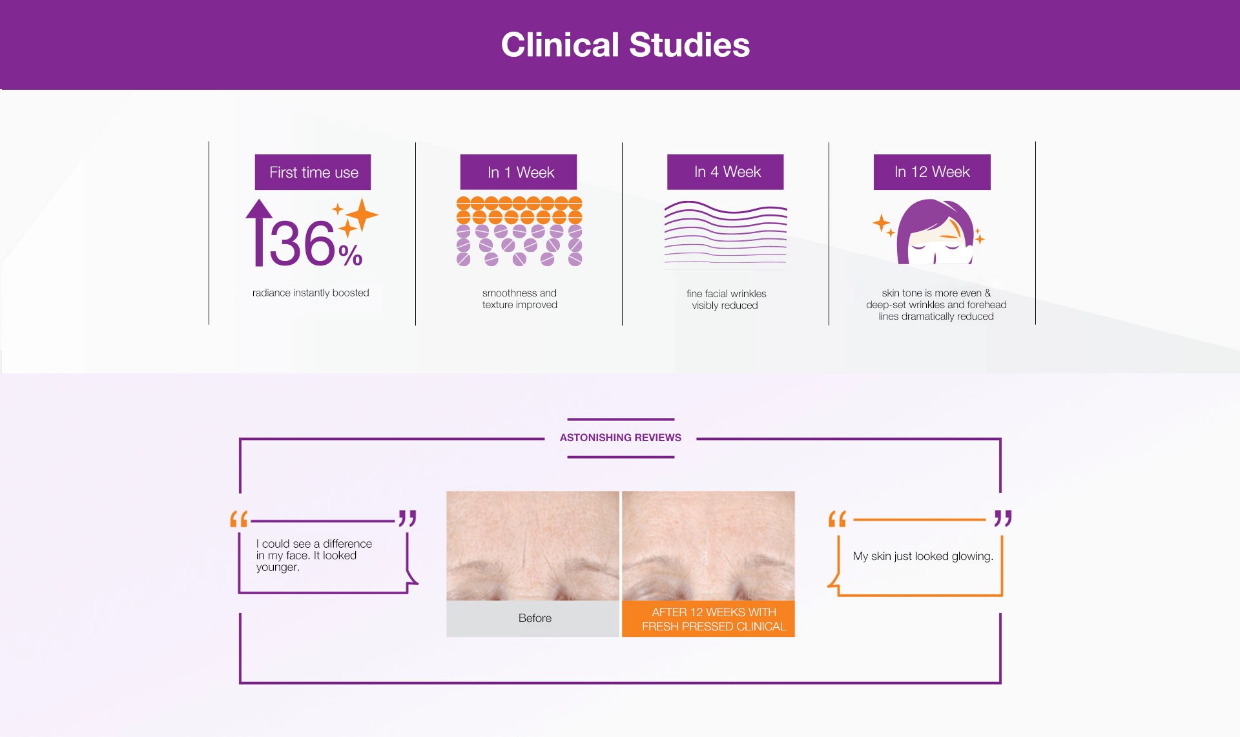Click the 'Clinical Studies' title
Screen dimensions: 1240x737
pos(625,45)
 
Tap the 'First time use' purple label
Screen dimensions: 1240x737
pos(313,172)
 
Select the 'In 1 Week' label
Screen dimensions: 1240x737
pos(519,172)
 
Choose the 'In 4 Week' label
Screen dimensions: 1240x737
pos(725,172)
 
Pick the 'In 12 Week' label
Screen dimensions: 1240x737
pos(932,172)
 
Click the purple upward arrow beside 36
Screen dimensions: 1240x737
pos(259,233)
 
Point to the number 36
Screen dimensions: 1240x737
pos(302,244)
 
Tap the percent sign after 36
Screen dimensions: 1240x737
pos(350,255)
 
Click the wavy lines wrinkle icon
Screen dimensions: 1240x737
pos(725,233)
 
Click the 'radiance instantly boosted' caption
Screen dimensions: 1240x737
pos(311,293)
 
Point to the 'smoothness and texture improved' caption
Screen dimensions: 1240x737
pos(519,299)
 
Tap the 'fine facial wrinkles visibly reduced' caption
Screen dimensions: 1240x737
pos(726,300)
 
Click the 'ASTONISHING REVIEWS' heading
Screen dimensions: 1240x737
pos(620,438)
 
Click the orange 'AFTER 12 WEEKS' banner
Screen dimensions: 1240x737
pos(708,619)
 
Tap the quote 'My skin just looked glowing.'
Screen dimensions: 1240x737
pos(923,556)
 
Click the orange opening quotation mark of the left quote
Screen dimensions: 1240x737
pos(239,519)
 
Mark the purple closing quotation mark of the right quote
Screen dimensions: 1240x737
pos(1003,518)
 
